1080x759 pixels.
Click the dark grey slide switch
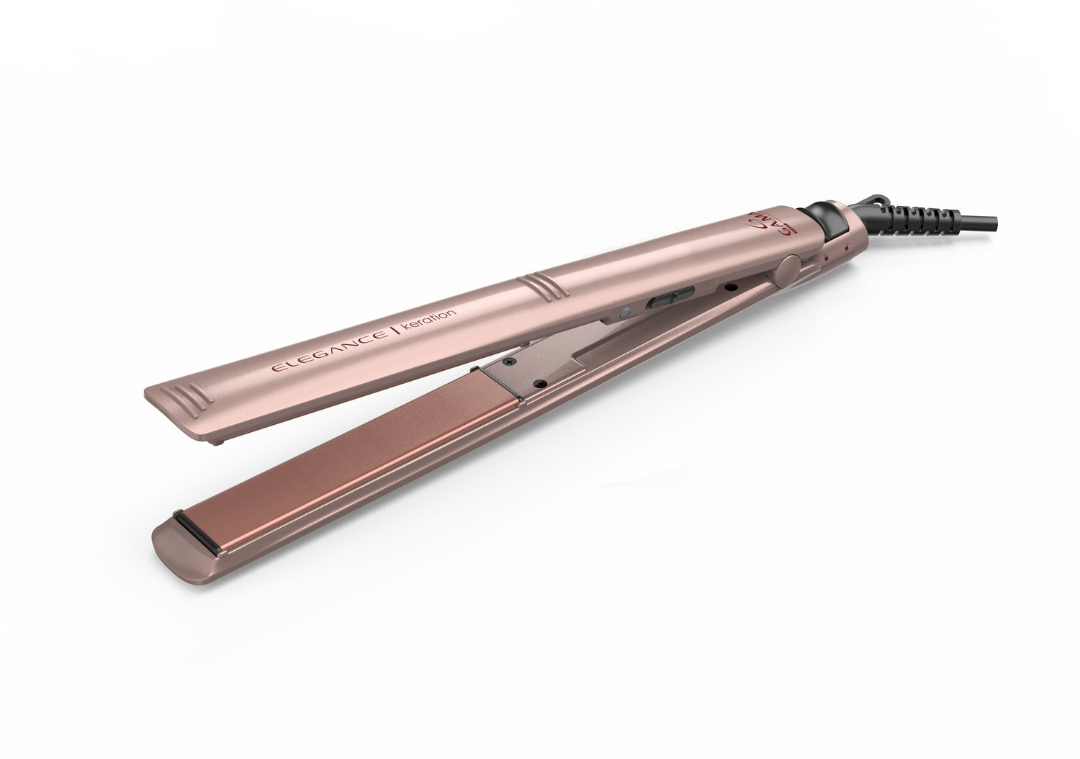(671, 296)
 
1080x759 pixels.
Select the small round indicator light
(626, 311)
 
